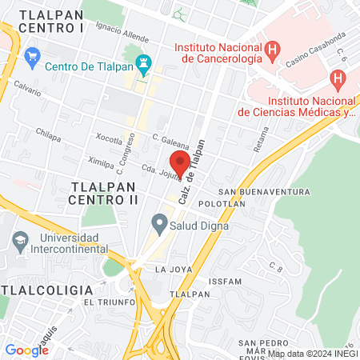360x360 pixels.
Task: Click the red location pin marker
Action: [180, 162]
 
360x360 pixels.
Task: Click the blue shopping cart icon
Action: [33, 56]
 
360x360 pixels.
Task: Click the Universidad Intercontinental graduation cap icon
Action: [20, 238]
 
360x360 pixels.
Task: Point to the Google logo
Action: [26, 350]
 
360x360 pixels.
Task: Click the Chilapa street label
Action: [48, 136]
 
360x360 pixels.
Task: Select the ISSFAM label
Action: [224, 282]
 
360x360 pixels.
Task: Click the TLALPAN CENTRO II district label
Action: [105, 192]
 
